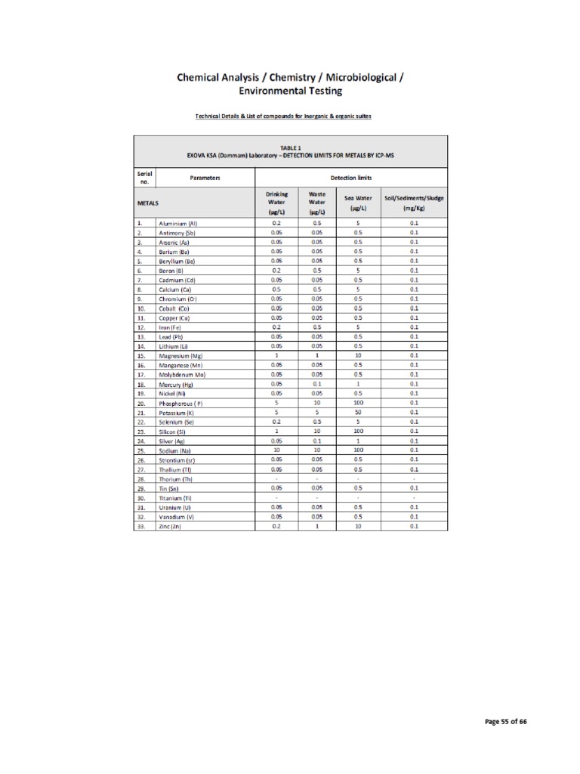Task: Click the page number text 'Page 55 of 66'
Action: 505,722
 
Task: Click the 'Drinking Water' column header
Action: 277,203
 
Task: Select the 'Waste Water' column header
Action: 317,203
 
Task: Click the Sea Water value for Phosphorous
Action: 358,403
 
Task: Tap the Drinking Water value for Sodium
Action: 277,450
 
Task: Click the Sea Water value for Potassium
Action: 358,412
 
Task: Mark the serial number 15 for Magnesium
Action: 140,356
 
